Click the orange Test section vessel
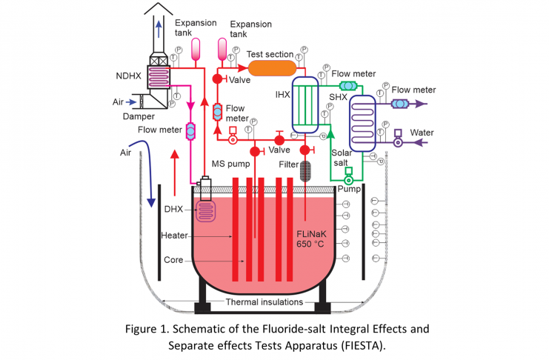pyautogui.click(x=271, y=70)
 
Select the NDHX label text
pyautogui.click(x=132, y=75)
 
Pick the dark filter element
pyautogui.click(x=305, y=168)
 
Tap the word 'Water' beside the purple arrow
pyautogui.click(x=422, y=133)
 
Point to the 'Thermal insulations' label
pyautogui.click(x=263, y=302)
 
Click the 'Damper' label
pyautogui.click(x=133, y=117)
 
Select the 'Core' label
pyautogui.click(x=174, y=260)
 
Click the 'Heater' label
pyautogui.click(x=175, y=235)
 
